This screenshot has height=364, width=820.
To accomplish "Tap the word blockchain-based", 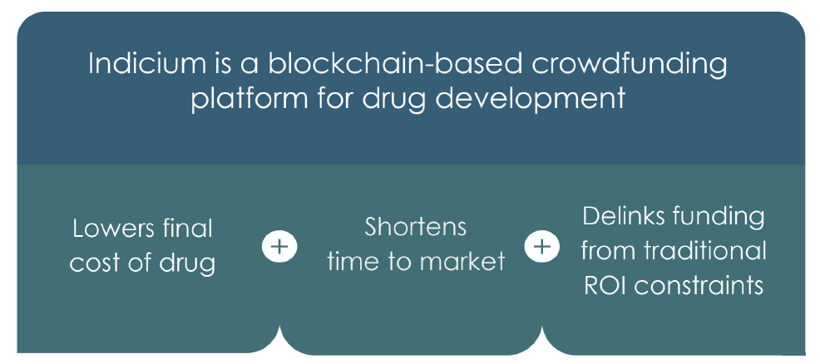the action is point(395,64).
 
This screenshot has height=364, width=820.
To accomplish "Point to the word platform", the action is point(249,99).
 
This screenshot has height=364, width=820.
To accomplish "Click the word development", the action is point(531,99).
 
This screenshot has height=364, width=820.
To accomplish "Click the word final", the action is point(187,229).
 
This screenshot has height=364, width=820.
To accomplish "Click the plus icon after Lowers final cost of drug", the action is point(279,247).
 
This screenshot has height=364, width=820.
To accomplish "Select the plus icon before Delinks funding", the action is point(541,247).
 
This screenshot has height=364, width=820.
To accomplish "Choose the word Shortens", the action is point(416,228).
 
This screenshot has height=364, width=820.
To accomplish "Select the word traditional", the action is point(705,251).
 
